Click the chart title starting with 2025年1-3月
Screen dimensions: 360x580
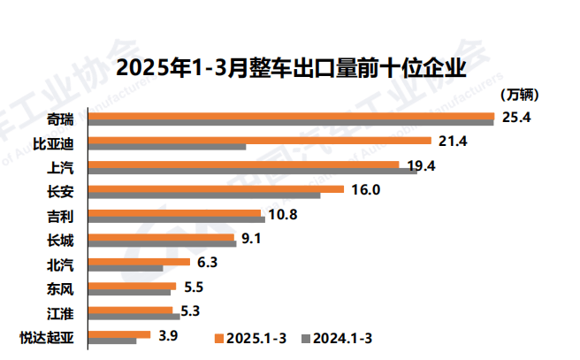pyautogui.click(x=291, y=67)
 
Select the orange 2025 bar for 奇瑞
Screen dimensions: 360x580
pyautogui.click(x=292, y=115)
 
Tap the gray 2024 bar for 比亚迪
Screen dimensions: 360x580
pyautogui.click(x=168, y=147)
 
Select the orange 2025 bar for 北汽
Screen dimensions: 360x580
pyautogui.click(x=141, y=262)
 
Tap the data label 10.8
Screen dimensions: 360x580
pyautogui.click(x=282, y=215)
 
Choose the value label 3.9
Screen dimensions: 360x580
pyautogui.click(x=168, y=336)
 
